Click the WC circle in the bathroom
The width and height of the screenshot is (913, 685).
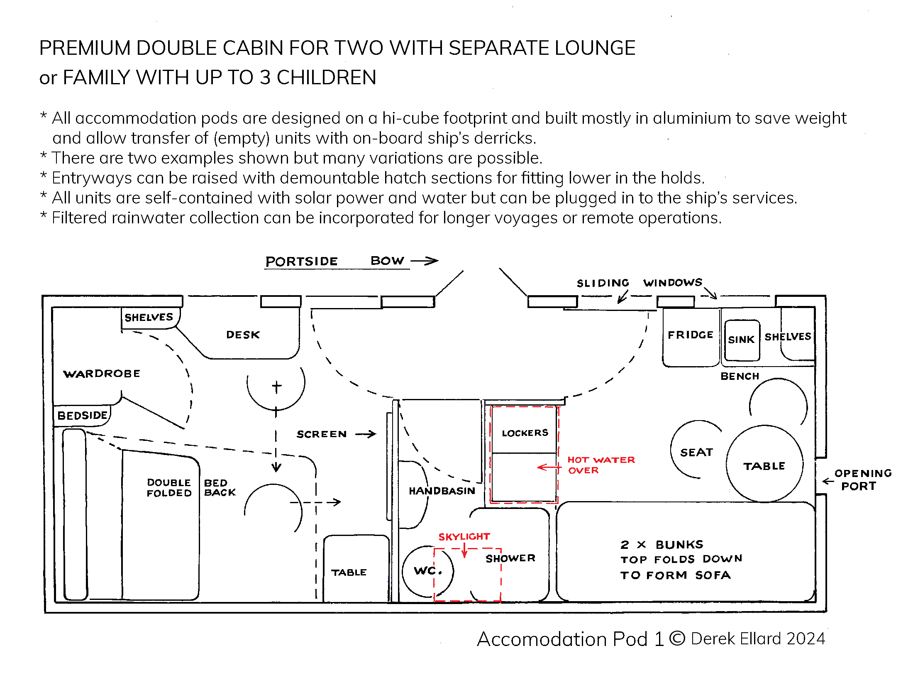pos(427,571)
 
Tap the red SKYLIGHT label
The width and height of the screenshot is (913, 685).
pos(464,536)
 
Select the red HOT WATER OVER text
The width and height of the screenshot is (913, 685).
pos(601,465)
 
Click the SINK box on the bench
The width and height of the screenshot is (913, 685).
pos(742,340)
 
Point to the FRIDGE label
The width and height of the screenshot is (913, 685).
pos(690,335)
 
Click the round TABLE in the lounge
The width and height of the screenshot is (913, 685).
pos(764,465)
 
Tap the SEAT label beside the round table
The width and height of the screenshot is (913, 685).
pos(696,452)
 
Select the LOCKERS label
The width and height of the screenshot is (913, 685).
pos(525,433)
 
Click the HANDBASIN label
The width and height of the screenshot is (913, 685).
pos(442,491)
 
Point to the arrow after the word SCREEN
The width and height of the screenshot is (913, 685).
pos(366,434)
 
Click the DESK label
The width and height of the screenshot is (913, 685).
pos(243,335)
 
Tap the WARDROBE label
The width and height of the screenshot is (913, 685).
pos(102,374)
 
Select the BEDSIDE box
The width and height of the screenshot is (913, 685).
pos(82,416)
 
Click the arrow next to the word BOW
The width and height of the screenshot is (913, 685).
pos(425,261)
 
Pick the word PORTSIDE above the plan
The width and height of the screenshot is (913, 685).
pos(301,261)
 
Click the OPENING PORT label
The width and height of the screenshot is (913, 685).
pos(862,479)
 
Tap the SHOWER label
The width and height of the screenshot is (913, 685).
pos(510,558)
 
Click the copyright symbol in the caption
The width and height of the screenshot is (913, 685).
pos(677,639)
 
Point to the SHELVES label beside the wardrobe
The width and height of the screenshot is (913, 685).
pos(149,317)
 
